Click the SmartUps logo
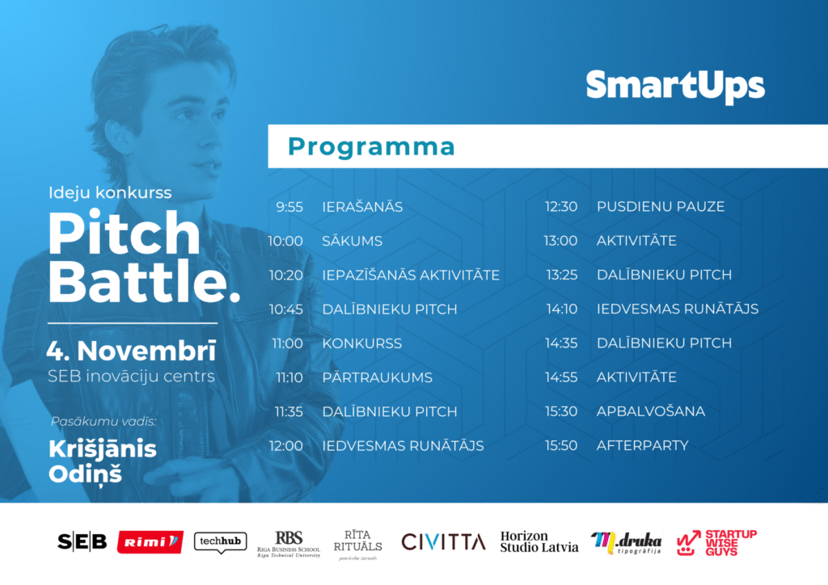675,86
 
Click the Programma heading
371,146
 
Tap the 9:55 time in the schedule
289,207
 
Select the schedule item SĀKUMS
353,241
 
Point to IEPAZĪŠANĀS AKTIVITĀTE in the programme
411,274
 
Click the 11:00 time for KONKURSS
287,343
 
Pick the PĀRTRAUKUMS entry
377,377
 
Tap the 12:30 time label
561,207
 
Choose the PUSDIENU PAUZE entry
661,207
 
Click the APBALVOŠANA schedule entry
651,411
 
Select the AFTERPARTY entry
643,446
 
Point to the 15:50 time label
561,446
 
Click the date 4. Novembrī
132,351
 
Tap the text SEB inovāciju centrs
131,376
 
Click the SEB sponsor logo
82,541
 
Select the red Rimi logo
150,541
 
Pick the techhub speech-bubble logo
220,542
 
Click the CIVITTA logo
443,541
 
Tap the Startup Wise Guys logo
716,543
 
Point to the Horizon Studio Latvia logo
539,541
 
